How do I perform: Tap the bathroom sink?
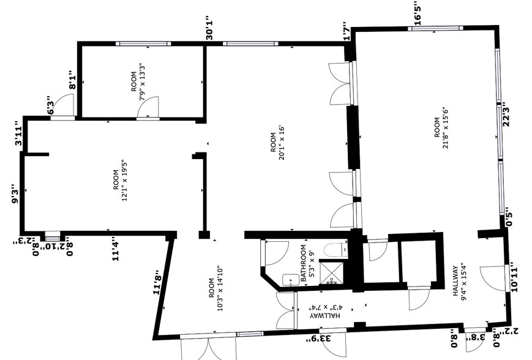point(290,280)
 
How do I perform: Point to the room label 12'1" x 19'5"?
point(119,184)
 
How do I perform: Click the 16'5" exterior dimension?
point(418,13)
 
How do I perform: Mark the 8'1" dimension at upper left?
point(72,80)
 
